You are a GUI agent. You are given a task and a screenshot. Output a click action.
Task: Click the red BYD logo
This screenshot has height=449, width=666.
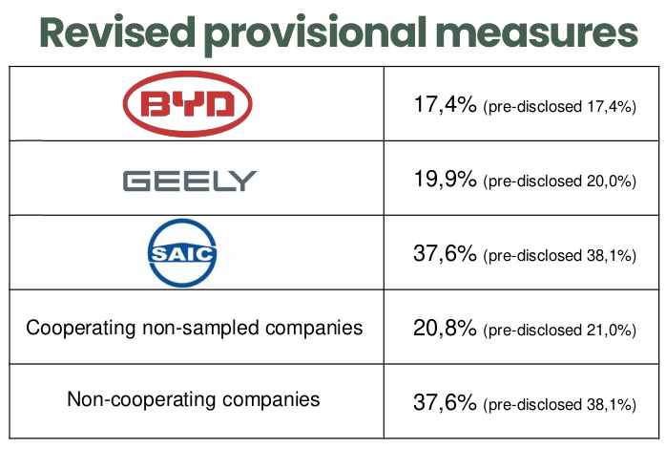[194, 104]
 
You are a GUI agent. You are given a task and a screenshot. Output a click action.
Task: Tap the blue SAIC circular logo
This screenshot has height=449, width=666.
[194, 253]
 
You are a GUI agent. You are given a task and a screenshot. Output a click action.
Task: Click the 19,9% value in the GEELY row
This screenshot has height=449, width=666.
[444, 179]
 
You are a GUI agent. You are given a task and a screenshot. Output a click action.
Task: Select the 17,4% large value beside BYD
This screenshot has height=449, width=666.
[444, 104]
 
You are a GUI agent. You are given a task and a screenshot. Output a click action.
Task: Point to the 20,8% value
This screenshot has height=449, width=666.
[444, 329]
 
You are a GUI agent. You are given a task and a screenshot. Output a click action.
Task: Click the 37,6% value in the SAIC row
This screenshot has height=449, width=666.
[444, 253]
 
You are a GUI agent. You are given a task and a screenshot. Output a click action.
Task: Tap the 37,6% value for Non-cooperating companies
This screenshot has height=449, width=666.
[444, 402]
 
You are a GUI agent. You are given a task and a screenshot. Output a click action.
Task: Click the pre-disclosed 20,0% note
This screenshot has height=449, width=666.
[560, 181]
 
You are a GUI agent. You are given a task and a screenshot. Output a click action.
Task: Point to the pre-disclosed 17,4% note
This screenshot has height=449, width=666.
[560, 106]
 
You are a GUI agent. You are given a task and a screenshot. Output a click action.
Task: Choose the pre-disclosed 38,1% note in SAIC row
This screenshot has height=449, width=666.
[560, 255]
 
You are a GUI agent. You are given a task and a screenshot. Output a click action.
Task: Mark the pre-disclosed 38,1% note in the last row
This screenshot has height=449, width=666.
[560, 404]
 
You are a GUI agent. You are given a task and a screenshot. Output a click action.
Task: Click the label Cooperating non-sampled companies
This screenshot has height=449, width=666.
[195, 328]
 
